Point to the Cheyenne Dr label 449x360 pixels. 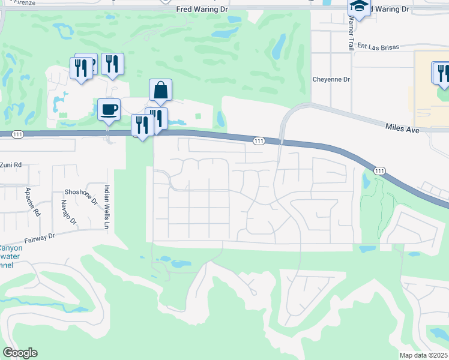click(x=331, y=79)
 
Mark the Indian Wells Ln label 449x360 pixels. click(x=107, y=206)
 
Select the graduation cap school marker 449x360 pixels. click(x=358, y=7)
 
